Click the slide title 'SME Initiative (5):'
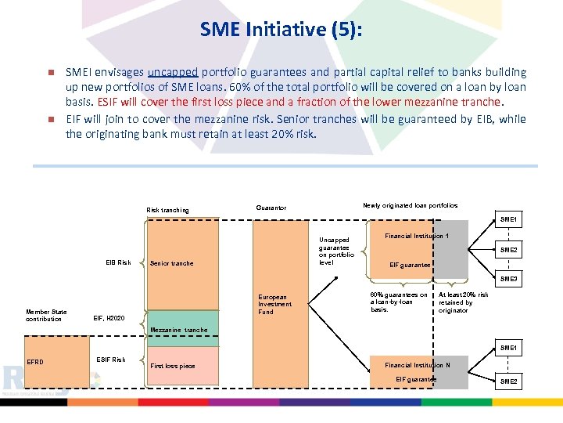pos(281,29)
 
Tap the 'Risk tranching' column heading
pos(167,210)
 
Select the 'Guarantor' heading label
pos(271,208)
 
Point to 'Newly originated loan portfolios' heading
pos(411,205)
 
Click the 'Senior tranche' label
pos(171,263)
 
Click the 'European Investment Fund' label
pos(275,305)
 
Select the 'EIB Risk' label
pos(119,262)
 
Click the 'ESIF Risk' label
pos(110,360)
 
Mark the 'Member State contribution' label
pos(47,316)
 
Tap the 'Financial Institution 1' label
pos(417,236)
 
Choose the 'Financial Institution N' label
pos(417,365)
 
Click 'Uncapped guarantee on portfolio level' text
pos(336,251)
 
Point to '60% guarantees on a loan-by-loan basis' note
pos(398,302)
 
